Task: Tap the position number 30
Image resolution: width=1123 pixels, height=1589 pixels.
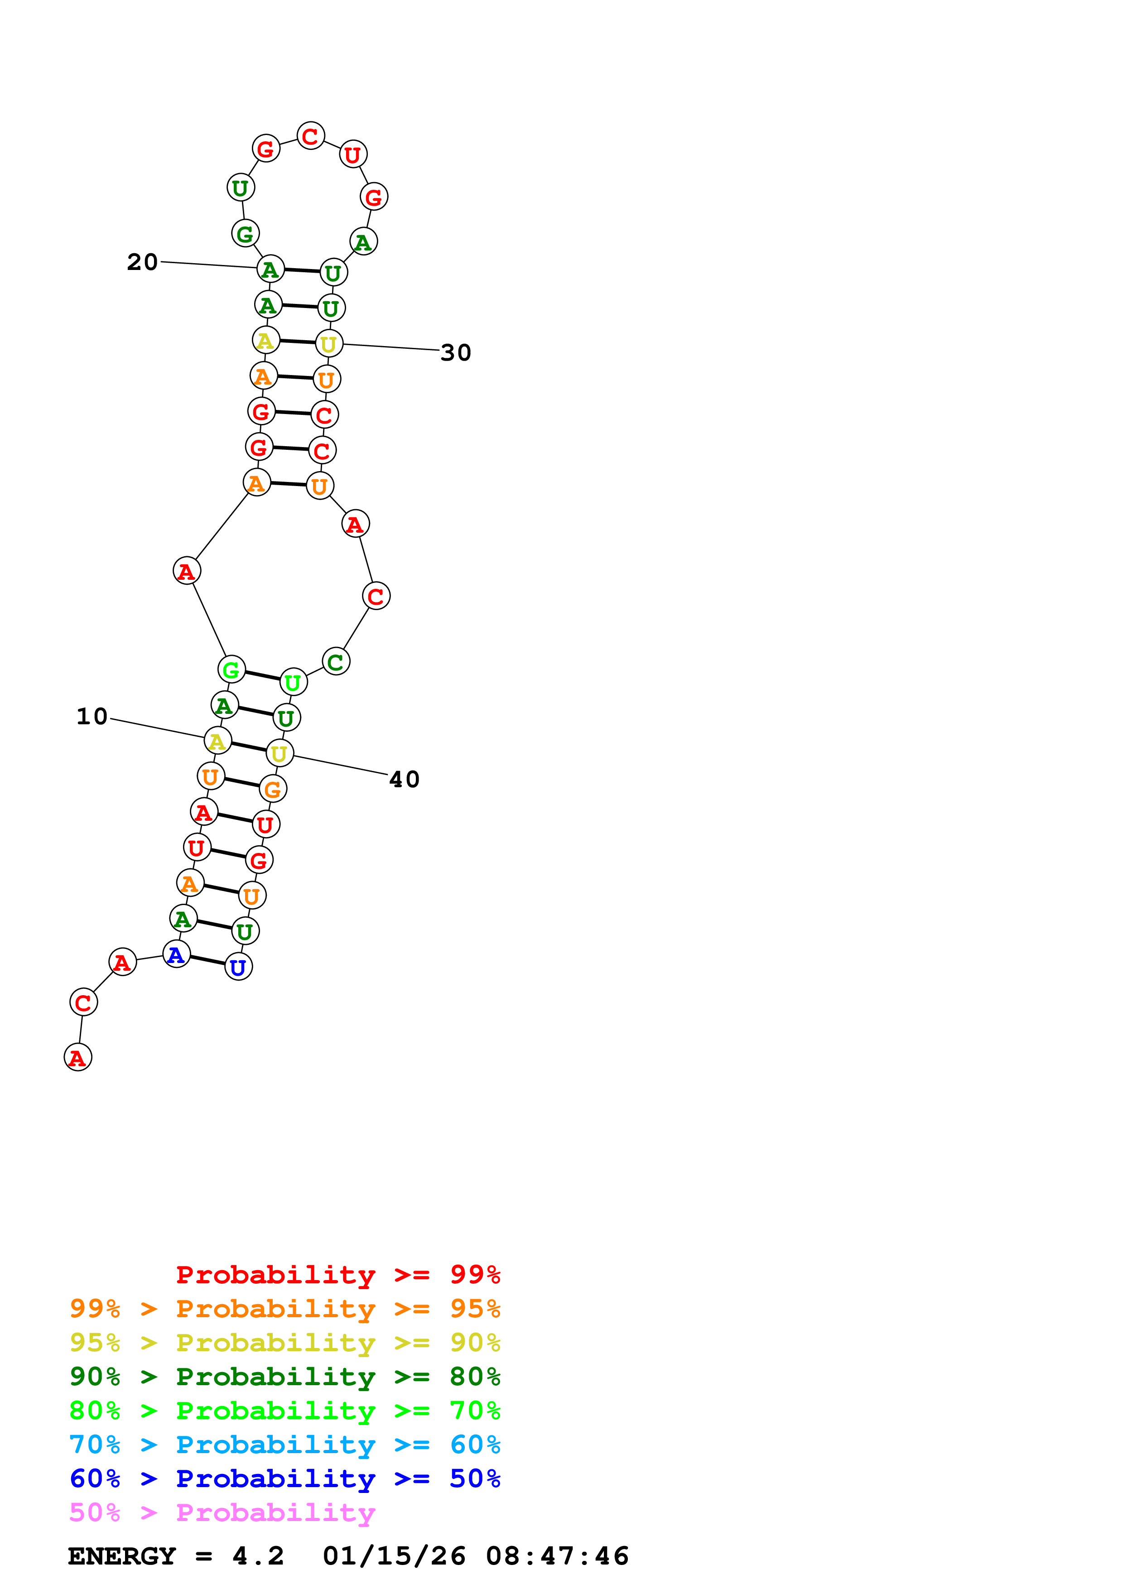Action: click(455, 352)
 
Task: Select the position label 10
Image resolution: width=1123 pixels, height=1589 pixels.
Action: click(92, 716)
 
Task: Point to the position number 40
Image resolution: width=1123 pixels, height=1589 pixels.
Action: click(404, 779)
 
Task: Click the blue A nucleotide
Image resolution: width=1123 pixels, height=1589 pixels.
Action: click(176, 954)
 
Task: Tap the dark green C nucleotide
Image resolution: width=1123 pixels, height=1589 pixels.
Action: click(336, 662)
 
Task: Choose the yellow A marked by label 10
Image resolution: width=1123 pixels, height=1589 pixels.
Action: click(217, 741)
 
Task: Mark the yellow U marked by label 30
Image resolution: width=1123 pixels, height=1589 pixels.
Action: click(329, 343)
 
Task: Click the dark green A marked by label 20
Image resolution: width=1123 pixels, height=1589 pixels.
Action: click(270, 269)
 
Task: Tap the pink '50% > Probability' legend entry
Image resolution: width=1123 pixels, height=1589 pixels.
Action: click(222, 1513)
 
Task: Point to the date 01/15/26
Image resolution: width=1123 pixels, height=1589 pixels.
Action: click(394, 1556)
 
